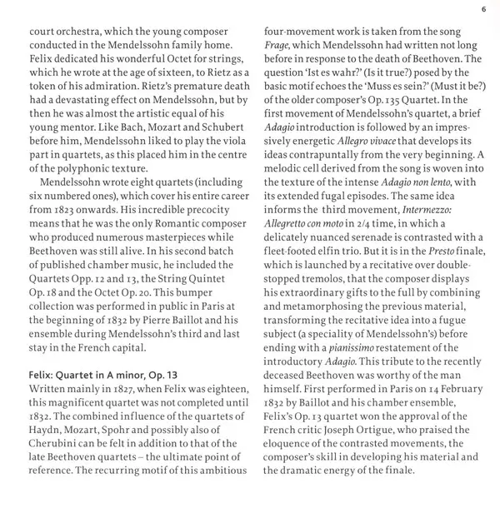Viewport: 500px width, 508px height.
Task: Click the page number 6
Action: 482,10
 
